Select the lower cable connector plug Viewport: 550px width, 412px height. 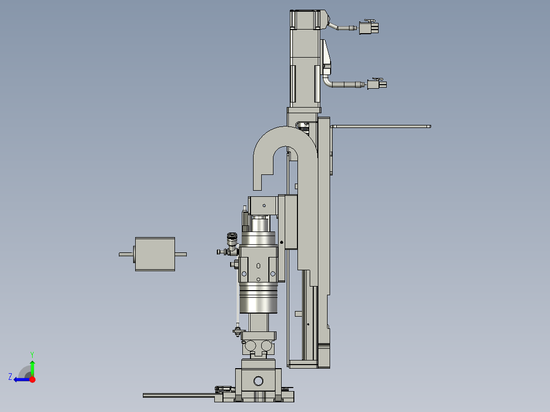(377, 84)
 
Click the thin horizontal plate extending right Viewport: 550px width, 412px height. (380, 126)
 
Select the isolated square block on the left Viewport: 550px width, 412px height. (155, 254)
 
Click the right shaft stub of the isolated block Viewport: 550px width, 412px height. (181, 254)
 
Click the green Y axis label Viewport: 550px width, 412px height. (32, 354)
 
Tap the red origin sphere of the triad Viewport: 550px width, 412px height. (32, 379)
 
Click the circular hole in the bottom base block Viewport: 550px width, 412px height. (258, 380)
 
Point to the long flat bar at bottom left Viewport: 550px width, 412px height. (179, 395)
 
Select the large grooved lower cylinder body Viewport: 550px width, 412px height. (259, 298)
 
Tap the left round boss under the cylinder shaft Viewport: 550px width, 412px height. (251, 346)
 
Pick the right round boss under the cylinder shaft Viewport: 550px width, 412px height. (266, 346)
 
